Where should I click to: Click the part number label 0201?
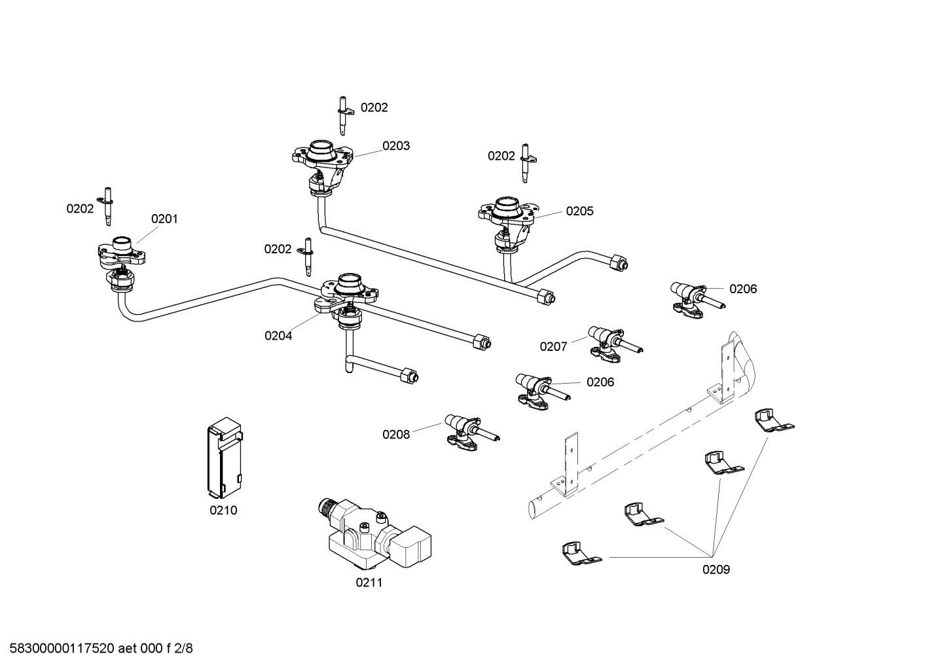click(164, 219)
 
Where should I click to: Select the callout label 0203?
click(396, 146)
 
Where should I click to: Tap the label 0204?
click(278, 336)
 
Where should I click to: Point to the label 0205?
click(579, 211)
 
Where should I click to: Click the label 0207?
click(553, 347)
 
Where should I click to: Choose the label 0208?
click(396, 435)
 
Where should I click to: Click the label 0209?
click(716, 569)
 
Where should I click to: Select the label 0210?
click(223, 511)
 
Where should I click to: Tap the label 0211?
click(369, 583)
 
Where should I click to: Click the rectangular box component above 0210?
click(225, 457)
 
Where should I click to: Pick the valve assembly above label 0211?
click(374, 533)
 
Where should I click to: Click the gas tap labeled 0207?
click(615, 345)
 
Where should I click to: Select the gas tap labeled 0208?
click(471, 432)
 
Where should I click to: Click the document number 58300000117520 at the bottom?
click(62, 649)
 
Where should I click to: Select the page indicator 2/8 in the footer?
click(183, 649)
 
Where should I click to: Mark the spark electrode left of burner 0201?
click(107, 206)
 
